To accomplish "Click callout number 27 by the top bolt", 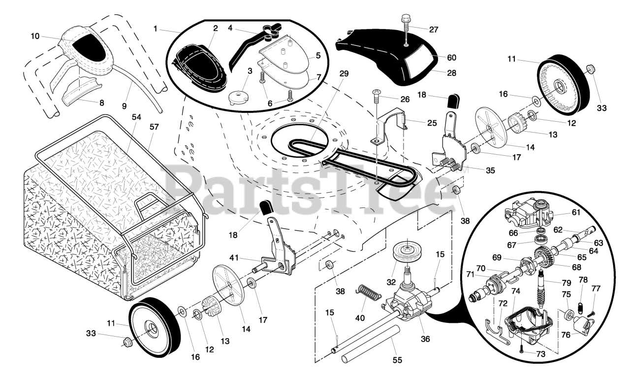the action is tap(434, 30).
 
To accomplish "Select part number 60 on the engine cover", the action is tap(452, 58).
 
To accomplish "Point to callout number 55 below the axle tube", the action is tap(397, 360).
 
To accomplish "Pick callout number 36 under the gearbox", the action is tap(425, 339).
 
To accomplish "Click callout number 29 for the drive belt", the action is tap(344, 74).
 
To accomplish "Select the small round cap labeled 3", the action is tap(239, 98).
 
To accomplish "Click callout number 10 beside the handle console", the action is tap(35, 36).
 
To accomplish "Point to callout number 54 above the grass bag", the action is tap(136, 117).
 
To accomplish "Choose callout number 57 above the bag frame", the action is tap(154, 127).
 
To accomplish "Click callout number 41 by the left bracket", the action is tap(234, 257).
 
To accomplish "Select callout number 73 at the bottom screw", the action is tap(540, 354).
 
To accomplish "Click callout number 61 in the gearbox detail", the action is tap(576, 212).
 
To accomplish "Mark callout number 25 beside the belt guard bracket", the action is tap(432, 123).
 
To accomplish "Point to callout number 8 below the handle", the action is tap(101, 103).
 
